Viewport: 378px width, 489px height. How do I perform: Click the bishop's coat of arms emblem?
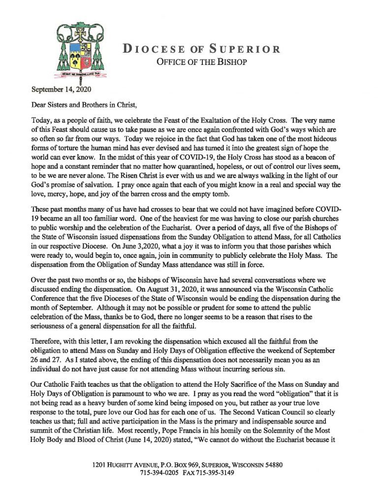[81, 52]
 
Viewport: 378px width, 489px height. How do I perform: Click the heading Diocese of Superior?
[201, 49]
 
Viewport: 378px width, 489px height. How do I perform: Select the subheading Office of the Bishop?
[201, 62]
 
